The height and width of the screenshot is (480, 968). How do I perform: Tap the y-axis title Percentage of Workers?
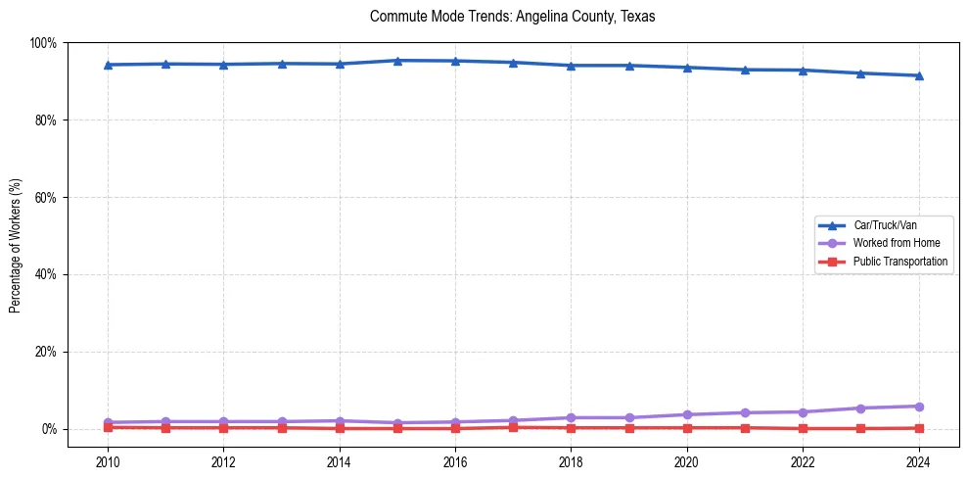point(16,236)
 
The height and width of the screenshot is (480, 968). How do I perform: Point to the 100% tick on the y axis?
point(43,43)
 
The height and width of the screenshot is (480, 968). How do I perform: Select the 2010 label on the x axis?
point(108,461)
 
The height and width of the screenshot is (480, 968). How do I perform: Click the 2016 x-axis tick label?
point(455,461)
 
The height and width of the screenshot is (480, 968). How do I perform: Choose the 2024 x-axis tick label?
point(918,461)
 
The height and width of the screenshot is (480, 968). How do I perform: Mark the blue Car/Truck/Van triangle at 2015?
point(397,61)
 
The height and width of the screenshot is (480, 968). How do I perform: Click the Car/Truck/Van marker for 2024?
point(918,75)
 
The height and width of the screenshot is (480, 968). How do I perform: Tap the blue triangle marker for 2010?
point(108,65)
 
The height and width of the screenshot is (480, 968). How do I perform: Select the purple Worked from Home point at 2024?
point(918,407)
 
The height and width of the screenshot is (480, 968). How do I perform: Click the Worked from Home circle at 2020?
point(687,414)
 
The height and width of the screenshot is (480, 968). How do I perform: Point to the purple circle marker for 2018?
point(571,417)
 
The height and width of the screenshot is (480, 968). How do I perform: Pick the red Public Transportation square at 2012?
point(223,428)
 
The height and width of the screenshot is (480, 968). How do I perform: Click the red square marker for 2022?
point(803,428)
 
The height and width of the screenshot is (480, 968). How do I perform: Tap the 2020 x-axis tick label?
point(687,461)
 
